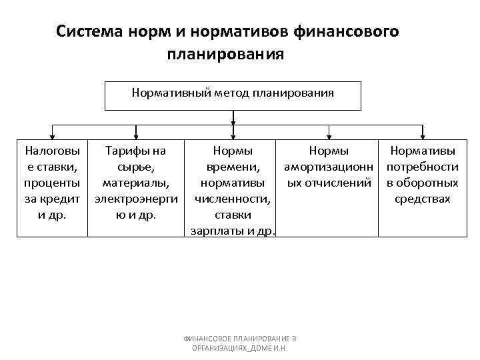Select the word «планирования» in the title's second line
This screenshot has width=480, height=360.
pyautogui.click(x=226, y=53)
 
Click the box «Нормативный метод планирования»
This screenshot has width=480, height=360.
pyautogui.click(x=233, y=95)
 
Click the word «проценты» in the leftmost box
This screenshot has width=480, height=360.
pyautogui.click(x=51, y=183)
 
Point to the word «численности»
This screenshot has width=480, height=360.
pyautogui.click(x=232, y=199)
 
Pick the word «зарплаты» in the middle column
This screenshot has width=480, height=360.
pyautogui.click(x=219, y=231)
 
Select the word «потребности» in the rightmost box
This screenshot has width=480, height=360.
pyautogui.click(x=423, y=167)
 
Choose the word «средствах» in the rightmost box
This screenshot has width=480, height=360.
pyautogui.click(x=423, y=199)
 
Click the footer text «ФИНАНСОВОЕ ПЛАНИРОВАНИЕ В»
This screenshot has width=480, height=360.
pyautogui.click(x=239, y=339)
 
